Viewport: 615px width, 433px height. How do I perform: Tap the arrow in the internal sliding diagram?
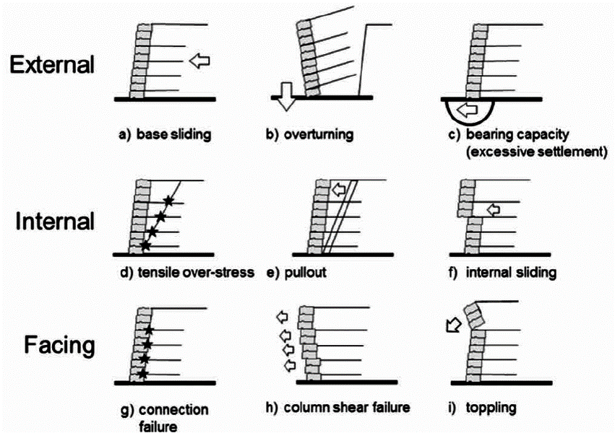click(x=493, y=210)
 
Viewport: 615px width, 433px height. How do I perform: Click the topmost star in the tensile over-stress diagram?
click(x=169, y=200)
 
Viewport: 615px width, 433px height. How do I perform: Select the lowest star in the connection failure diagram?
click(x=143, y=374)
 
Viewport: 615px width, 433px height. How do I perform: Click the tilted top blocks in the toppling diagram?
click(x=473, y=316)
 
